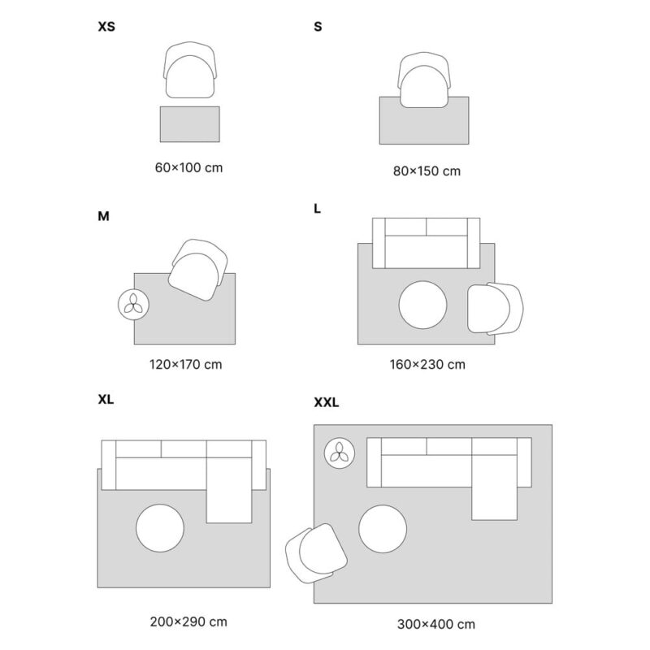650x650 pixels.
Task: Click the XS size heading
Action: (106, 27)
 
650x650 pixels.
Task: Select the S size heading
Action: (318, 27)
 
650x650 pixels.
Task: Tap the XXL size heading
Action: (326, 401)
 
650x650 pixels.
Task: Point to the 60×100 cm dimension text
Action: (188, 168)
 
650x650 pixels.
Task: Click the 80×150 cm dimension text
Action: (427, 171)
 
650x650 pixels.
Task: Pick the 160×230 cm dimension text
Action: (427, 364)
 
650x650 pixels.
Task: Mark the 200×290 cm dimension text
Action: (188, 622)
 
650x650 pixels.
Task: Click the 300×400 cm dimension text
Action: (436, 624)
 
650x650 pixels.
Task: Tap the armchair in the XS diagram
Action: (193, 71)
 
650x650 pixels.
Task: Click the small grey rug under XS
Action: (189, 123)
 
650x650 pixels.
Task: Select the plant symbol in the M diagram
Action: (133, 305)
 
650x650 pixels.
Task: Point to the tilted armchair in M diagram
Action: (197, 266)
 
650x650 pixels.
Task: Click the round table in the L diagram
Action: (422, 305)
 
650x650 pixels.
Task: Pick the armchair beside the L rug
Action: (494, 308)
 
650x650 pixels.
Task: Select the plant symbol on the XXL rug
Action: (339, 453)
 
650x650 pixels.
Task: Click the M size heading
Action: (103, 216)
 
